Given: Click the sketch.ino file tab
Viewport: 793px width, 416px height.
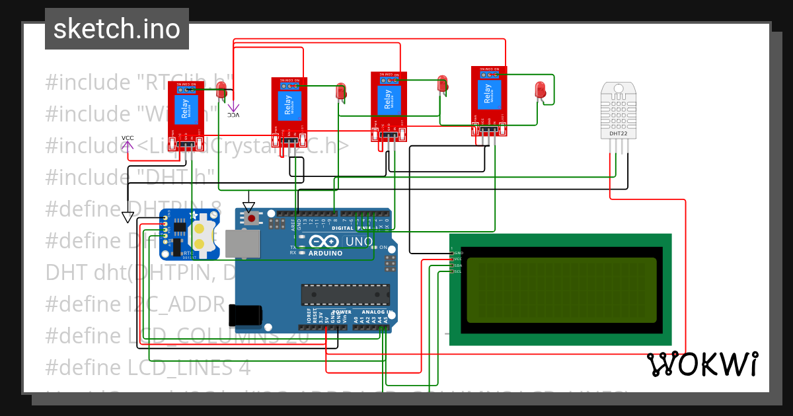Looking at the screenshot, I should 117,29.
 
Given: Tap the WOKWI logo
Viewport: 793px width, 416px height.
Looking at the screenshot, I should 702,364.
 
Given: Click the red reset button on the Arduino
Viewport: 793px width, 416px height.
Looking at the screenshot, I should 251,218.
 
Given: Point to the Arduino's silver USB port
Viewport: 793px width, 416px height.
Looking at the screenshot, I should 243,244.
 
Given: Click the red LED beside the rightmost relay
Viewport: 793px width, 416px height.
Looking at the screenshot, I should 540,90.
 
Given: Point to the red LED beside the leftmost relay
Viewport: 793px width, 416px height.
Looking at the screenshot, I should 221,90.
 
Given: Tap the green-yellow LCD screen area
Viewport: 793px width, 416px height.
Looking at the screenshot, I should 562,289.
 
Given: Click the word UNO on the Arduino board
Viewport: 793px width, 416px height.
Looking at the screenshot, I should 359,242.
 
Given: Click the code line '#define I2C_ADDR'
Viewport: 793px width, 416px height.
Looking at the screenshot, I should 135,304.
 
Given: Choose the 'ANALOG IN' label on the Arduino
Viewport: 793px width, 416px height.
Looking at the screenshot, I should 377,312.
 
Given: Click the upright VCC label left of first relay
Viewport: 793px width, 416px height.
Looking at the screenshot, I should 128,138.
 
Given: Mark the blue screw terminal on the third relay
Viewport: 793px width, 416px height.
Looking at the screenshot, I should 389,80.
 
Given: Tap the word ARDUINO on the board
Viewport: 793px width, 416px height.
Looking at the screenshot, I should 326,253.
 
